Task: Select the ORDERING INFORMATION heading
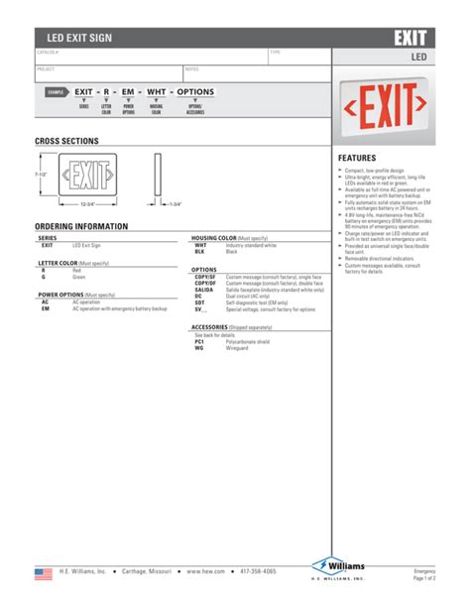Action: (81, 227)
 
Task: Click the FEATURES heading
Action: (358, 159)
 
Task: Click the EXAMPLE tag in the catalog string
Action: (58, 92)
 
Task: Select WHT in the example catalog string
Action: (157, 91)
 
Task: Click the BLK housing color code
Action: (199, 252)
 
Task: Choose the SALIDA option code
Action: (203, 289)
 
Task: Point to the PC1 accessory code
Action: (199, 342)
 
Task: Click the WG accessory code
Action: (198, 348)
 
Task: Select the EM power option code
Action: (46, 308)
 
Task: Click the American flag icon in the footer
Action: (43, 573)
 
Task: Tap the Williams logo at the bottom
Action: (338, 568)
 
